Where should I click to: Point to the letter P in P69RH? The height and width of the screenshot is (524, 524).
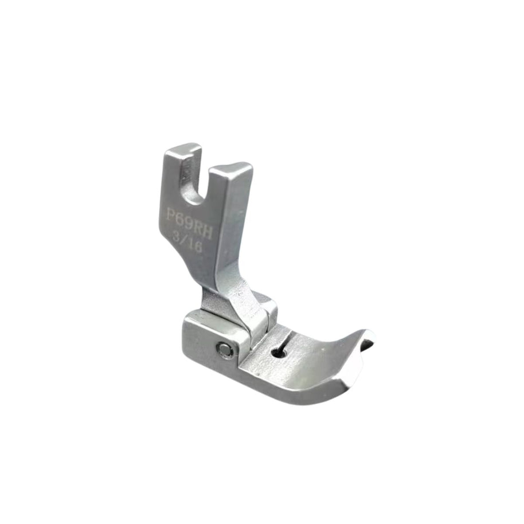tap(171, 214)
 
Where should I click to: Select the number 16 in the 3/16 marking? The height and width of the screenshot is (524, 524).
tap(194, 247)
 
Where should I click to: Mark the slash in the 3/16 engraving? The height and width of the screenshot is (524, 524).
tap(183, 241)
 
